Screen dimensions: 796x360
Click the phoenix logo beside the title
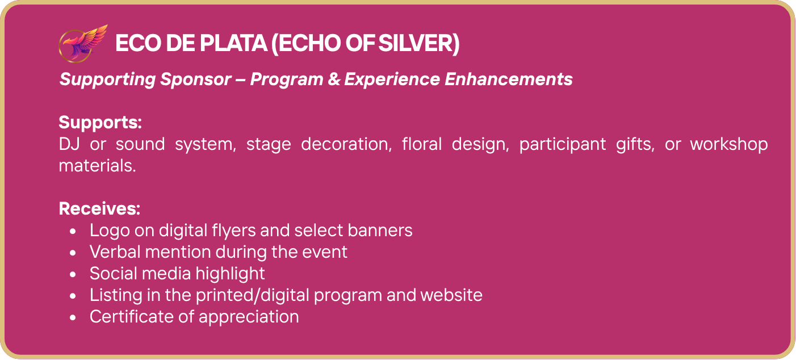[83, 44]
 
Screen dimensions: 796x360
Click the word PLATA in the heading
[233, 43]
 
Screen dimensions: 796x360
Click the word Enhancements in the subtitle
[509, 79]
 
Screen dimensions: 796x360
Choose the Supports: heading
[100, 123]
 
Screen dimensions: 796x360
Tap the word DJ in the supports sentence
[69, 144]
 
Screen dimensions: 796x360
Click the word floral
[422, 144]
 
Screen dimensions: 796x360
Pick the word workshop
[729, 144]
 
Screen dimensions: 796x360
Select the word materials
[97, 166]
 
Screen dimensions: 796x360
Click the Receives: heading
[99, 208]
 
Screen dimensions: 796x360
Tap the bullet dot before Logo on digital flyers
[73, 231]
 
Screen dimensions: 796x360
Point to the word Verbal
[115, 252]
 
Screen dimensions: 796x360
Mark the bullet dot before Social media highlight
[73, 274]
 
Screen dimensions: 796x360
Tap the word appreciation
[249, 317]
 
